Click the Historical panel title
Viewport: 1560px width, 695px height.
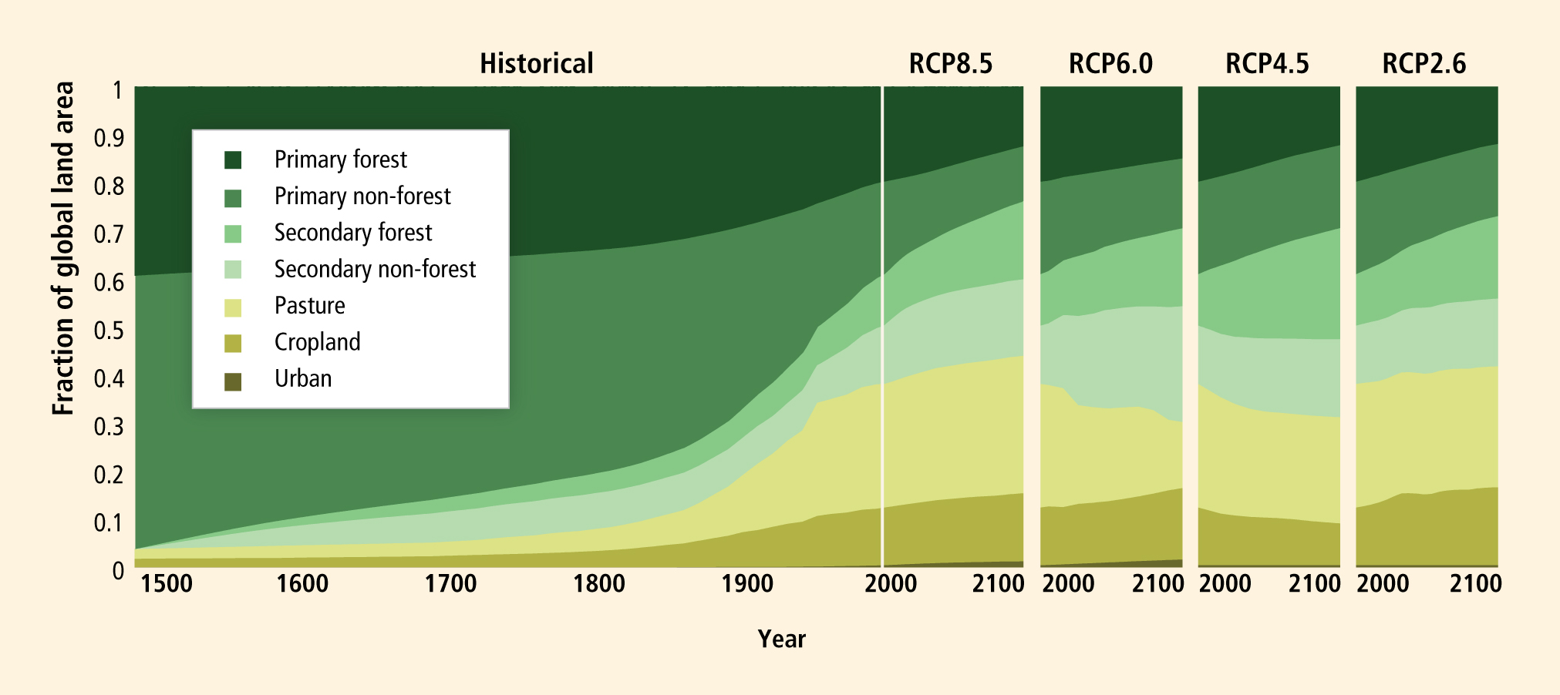click(x=537, y=63)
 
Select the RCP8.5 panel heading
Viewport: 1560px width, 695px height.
click(x=951, y=63)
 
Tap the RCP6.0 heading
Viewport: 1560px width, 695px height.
click(x=1110, y=63)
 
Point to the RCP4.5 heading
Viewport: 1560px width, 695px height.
click(x=1267, y=63)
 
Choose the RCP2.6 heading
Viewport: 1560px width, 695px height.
click(x=1424, y=63)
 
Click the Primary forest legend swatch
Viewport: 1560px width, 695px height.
click(x=233, y=159)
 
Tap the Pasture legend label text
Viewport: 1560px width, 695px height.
click(x=310, y=306)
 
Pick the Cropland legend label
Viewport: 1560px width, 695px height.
click(x=318, y=342)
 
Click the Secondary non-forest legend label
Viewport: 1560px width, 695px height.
click(x=376, y=269)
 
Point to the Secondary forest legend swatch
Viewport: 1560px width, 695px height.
click(x=233, y=233)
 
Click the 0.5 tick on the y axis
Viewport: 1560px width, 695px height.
click(x=109, y=331)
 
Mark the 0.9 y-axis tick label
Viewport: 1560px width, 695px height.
click(x=109, y=138)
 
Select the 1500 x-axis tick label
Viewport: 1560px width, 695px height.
click(x=167, y=583)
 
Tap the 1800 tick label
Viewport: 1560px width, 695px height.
click(x=599, y=583)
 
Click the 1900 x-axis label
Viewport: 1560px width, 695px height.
click(x=747, y=583)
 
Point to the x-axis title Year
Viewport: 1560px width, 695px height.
click(x=781, y=639)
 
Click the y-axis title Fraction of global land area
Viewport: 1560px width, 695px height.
click(x=63, y=248)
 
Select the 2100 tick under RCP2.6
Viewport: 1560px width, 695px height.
click(x=1475, y=583)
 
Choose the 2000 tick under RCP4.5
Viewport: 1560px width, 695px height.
click(x=1225, y=583)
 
